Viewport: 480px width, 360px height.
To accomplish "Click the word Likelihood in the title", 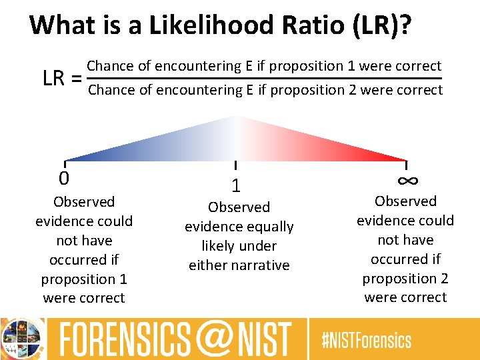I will click(x=200, y=25).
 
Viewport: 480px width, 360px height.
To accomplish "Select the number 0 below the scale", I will click(x=64, y=179).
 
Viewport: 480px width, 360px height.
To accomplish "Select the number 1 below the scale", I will click(x=235, y=186).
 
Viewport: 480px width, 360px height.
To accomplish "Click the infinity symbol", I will click(x=407, y=180).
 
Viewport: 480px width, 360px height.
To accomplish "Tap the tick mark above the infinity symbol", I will click(x=407, y=165).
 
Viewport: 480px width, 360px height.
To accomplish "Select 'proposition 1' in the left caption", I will click(x=84, y=279).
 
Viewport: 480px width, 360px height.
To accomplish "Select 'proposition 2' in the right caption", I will click(x=405, y=278).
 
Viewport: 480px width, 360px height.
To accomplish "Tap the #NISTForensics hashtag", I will click(x=366, y=341).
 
